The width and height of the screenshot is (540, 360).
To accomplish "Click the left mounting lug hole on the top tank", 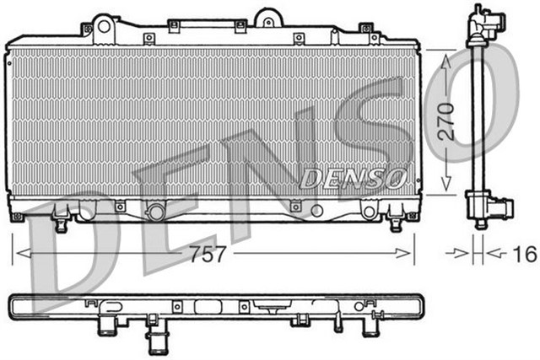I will coord(105,25).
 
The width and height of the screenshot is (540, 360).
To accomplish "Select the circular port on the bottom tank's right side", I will coord(316,211).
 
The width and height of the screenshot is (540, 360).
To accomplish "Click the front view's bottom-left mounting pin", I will coord(60,224).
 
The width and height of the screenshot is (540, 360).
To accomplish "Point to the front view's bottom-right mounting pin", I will coord(395,224).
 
